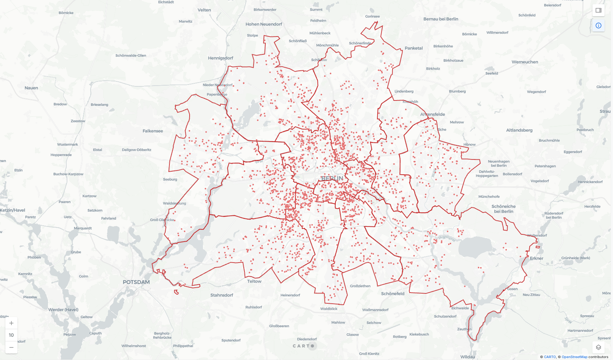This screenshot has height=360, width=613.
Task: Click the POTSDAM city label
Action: click(x=136, y=282)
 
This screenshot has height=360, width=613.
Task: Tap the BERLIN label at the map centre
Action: click(x=332, y=178)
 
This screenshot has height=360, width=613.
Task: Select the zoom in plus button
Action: click(x=11, y=323)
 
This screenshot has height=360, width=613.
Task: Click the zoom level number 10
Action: click(x=11, y=335)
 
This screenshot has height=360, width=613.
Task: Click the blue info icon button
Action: click(x=599, y=25)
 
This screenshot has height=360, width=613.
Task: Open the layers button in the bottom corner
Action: click(x=599, y=347)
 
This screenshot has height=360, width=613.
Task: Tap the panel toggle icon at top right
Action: click(x=599, y=10)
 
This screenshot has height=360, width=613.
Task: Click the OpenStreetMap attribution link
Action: click(x=574, y=357)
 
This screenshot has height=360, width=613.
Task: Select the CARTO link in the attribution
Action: click(x=550, y=357)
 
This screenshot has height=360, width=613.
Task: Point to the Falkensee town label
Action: click(x=153, y=131)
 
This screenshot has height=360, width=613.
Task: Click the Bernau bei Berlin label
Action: click(x=441, y=19)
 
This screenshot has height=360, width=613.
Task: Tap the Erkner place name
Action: click(x=536, y=258)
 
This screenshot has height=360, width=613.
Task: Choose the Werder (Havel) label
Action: click(x=63, y=309)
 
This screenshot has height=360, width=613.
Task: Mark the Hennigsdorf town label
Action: click(x=220, y=58)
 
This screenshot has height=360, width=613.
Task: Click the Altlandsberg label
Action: click(x=519, y=130)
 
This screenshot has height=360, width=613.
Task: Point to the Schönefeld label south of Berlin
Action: click(x=393, y=294)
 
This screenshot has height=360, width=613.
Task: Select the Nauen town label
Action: click(x=31, y=88)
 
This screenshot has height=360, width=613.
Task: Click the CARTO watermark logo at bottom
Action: click(x=303, y=346)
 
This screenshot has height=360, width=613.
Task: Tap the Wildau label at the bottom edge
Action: click(x=468, y=357)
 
